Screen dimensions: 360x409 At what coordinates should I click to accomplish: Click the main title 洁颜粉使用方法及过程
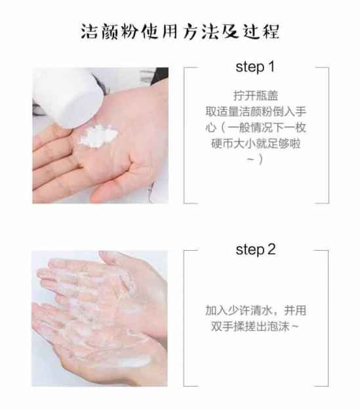point(180,32)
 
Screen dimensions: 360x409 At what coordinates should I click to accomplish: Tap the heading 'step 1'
point(255,67)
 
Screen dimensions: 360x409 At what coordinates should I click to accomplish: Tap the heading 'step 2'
point(256,249)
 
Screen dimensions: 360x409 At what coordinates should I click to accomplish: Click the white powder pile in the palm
point(98,136)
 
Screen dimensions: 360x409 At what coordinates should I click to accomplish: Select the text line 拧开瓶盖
point(256,95)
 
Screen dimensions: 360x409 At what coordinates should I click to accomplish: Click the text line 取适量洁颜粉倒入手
point(256,112)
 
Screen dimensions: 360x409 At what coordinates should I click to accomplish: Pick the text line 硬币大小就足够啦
point(256,143)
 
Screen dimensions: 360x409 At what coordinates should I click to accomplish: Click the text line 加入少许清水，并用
point(256,311)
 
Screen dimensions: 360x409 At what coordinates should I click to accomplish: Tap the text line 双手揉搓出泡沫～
point(254,326)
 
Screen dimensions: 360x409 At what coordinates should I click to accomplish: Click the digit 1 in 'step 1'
point(271,66)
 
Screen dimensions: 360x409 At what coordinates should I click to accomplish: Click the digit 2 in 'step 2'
point(271,249)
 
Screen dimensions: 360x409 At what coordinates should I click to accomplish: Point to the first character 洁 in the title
point(89,32)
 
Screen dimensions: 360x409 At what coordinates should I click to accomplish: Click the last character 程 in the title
point(271,32)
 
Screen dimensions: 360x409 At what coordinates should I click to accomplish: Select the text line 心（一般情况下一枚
point(256,127)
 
